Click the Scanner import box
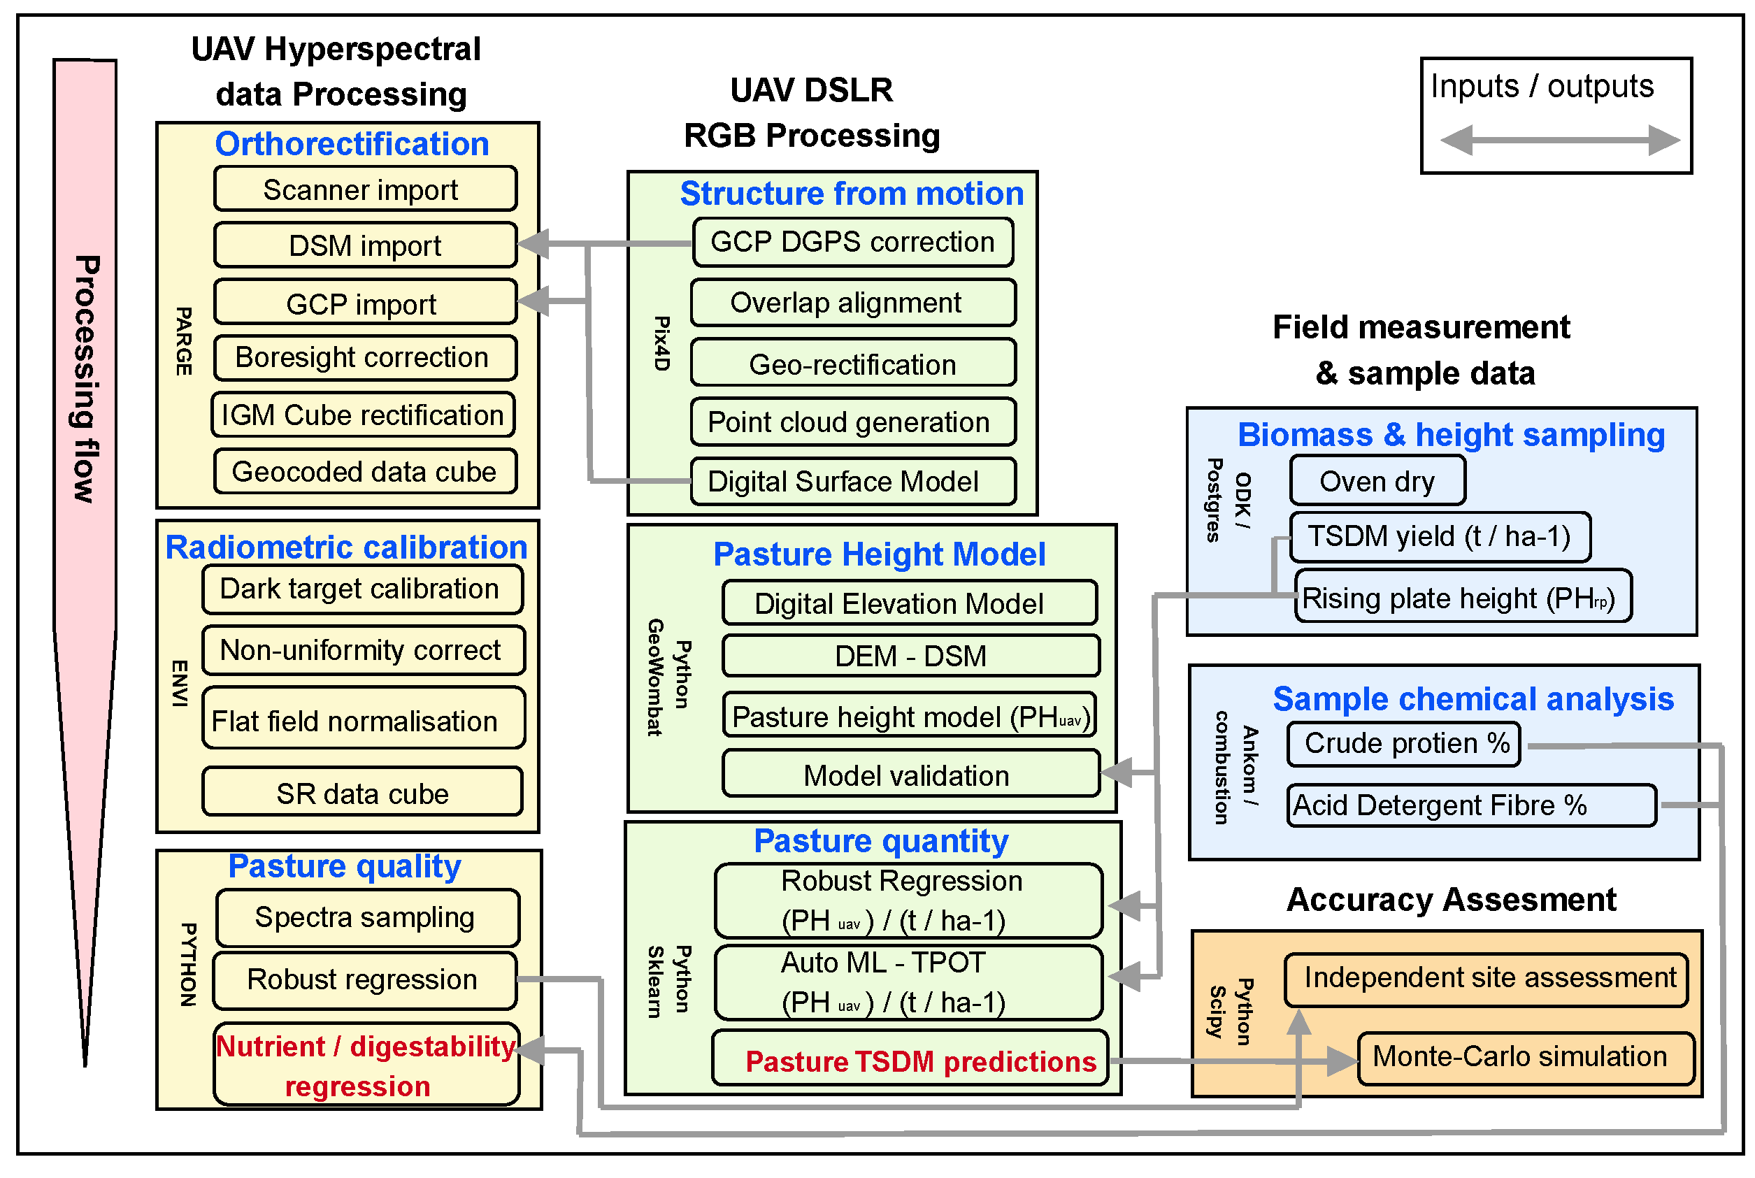(365, 189)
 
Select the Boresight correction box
(365, 358)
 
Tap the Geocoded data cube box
(365, 472)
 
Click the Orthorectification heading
(352, 143)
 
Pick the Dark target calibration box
(362, 589)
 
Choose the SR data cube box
(362, 793)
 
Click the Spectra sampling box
(366, 917)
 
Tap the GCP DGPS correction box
(853, 242)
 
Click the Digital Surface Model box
(853, 482)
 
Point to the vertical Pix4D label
(661, 343)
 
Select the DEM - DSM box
(910, 656)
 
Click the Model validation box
(910, 775)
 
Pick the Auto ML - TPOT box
(908, 983)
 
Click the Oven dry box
(1377, 482)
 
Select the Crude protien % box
(1403, 744)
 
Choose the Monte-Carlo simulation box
(1526, 1057)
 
